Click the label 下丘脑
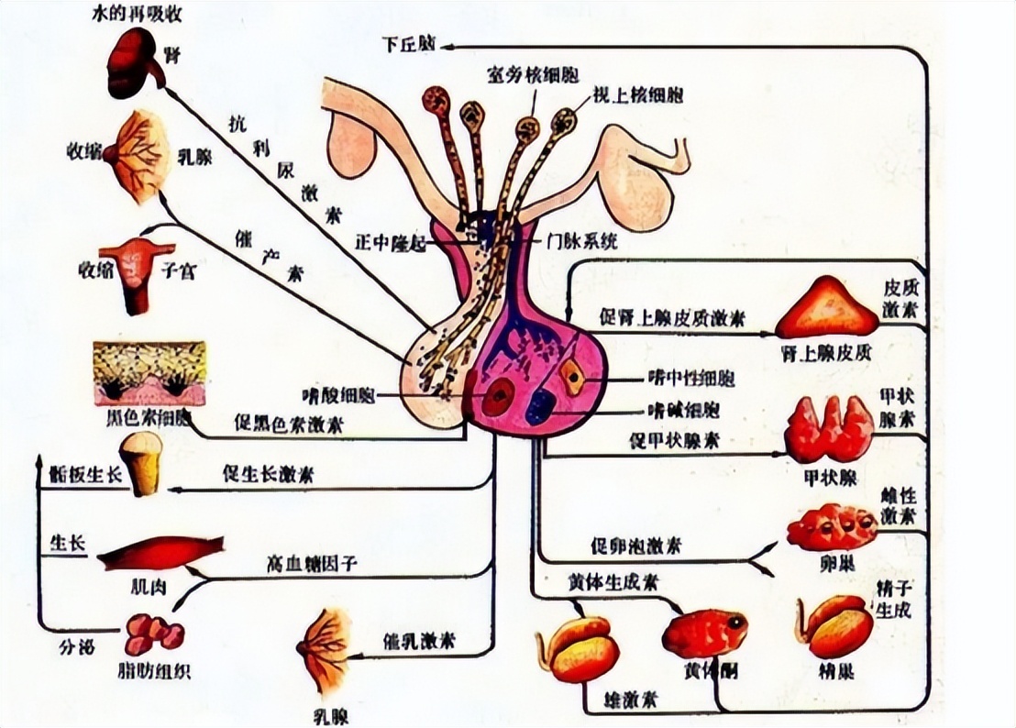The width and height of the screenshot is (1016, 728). [411, 45]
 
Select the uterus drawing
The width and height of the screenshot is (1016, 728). [136, 271]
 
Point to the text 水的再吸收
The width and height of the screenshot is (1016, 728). [130, 15]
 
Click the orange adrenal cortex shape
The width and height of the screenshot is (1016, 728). [826, 309]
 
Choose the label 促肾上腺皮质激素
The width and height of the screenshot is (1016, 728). [671, 317]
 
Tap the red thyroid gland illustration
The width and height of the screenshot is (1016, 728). [828, 429]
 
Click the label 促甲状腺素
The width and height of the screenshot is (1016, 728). [674, 440]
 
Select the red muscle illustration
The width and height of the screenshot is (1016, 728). [160, 553]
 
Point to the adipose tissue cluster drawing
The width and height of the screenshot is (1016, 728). [154, 633]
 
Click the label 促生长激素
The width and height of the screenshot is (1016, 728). [268, 474]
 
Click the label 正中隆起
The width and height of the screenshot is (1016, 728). [392, 244]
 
